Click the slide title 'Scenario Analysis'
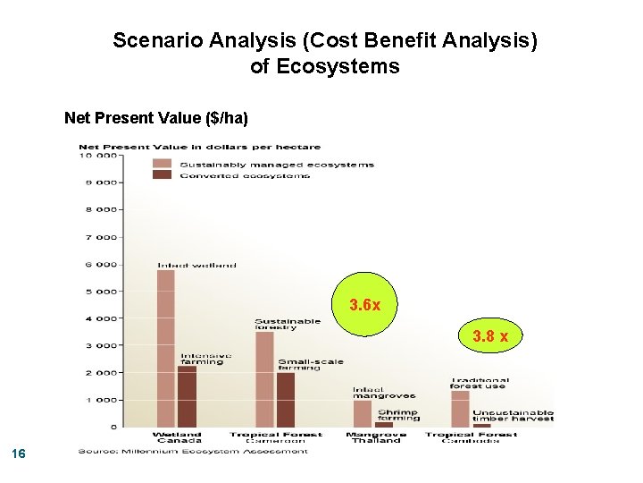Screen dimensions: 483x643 click(325, 41)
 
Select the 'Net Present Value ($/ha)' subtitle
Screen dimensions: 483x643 click(156, 118)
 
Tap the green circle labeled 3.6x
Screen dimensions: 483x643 click(365, 305)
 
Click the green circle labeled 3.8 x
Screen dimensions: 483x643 click(490, 336)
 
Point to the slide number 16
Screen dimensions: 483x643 click(20, 455)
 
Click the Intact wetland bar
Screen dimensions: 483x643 click(166, 349)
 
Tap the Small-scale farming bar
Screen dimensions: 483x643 click(285, 400)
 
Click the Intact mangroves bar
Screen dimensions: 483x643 click(363, 413)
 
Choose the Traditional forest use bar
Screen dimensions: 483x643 click(460, 409)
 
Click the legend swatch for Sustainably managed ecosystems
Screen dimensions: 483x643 click(162, 164)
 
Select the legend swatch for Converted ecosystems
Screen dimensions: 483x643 click(162, 175)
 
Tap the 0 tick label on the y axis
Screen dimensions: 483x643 click(113, 427)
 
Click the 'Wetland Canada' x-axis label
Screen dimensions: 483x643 click(177, 437)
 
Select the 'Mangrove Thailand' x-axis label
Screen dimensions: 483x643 click(375, 437)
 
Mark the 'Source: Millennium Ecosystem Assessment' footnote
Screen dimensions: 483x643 click(193, 451)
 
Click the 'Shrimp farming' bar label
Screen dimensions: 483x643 click(397, 414)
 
